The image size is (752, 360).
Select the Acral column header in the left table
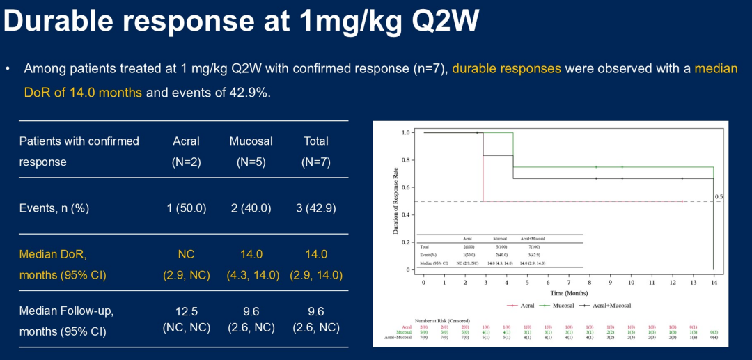coord(186,141)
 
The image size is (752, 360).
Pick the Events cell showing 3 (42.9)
coord(316,208)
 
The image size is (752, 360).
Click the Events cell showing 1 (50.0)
coord(186,208)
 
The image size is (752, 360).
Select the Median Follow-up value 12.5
coord(186,311)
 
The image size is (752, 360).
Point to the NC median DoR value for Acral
coord(186,254)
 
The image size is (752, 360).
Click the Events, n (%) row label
coord(54,208)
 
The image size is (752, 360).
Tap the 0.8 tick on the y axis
coord(406,160)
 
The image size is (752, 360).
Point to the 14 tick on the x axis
coord(713,283)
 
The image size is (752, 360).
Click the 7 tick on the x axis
coord(568,283)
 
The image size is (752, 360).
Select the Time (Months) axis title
coord(568,294)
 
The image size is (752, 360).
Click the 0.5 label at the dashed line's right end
coord(719,197)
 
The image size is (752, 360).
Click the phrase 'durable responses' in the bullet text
coord(506,69)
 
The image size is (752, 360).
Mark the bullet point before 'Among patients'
coord(8,69)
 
